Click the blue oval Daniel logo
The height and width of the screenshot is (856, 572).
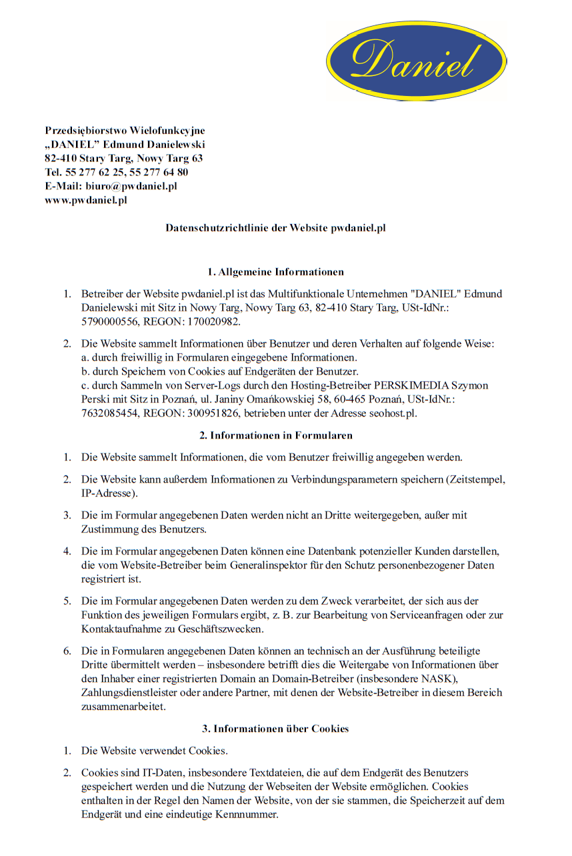[416, 61]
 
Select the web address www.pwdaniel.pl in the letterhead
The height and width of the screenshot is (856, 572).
[86, 200]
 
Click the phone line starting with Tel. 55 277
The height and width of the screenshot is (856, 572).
[117, 172]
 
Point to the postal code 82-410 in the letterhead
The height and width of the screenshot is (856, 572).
[61, 159]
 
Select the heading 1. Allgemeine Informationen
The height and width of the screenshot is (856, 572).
[275, 272]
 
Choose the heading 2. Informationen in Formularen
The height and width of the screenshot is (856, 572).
[275, 435]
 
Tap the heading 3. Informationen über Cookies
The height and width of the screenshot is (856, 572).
[275, 729]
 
